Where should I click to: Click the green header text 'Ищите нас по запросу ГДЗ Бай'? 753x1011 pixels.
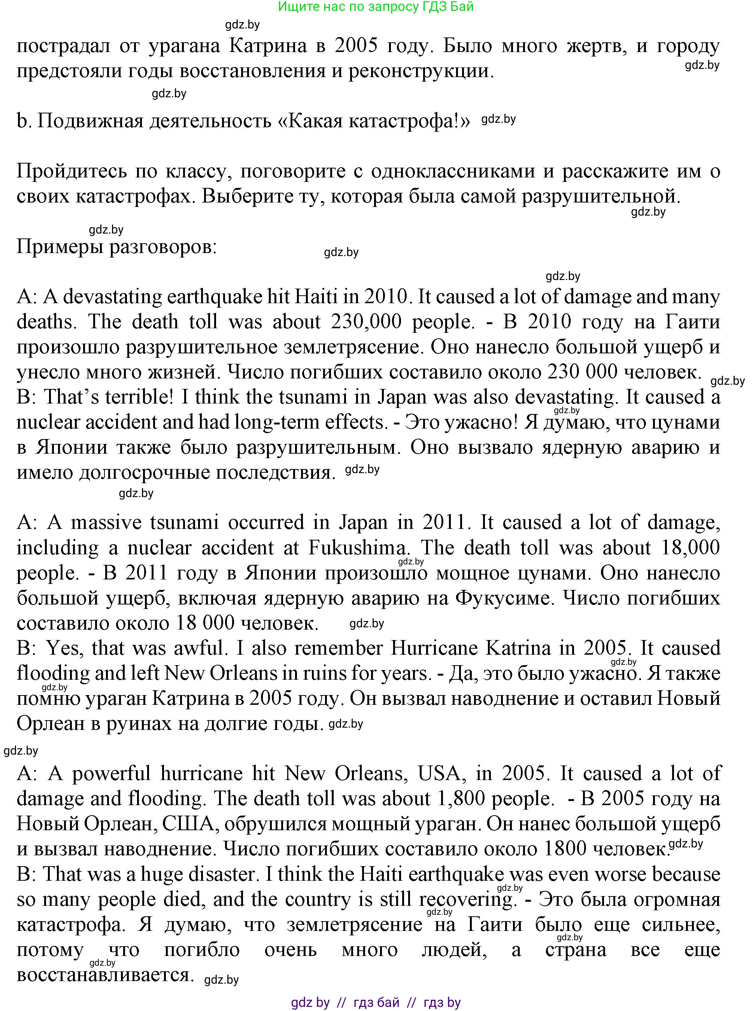click(x=376, y=7)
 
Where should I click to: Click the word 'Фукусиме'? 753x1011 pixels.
click(x=505, y=598)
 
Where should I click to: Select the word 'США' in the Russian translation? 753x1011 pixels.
click(x=188, y=824)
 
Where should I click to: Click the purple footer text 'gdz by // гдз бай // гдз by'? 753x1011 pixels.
click(x=376, y=1002)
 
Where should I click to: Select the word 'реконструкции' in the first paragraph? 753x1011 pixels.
click(x=420, y=71)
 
